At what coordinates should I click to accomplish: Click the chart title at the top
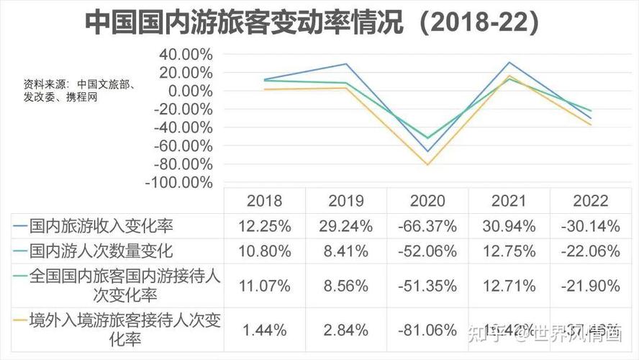coord(312,22)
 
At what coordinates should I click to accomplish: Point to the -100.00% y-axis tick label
coord(179,183)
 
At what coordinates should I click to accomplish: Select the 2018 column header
coord(264,201)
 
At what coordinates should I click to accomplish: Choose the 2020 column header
coord(427,201)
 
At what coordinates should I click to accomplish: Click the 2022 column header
coord(590,201)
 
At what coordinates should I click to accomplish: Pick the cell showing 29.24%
coord(345,226)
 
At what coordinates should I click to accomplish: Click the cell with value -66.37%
coord(427,226)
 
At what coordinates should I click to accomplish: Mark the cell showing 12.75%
coord(509,251)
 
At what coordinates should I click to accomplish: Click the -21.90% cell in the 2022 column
coord(590,286)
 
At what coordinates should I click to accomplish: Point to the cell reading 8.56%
coord(345,286)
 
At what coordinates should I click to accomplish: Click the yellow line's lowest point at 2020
coord(427,165)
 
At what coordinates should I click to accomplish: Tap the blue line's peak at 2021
coord(509,63)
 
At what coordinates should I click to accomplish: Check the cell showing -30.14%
coord(590,226)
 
